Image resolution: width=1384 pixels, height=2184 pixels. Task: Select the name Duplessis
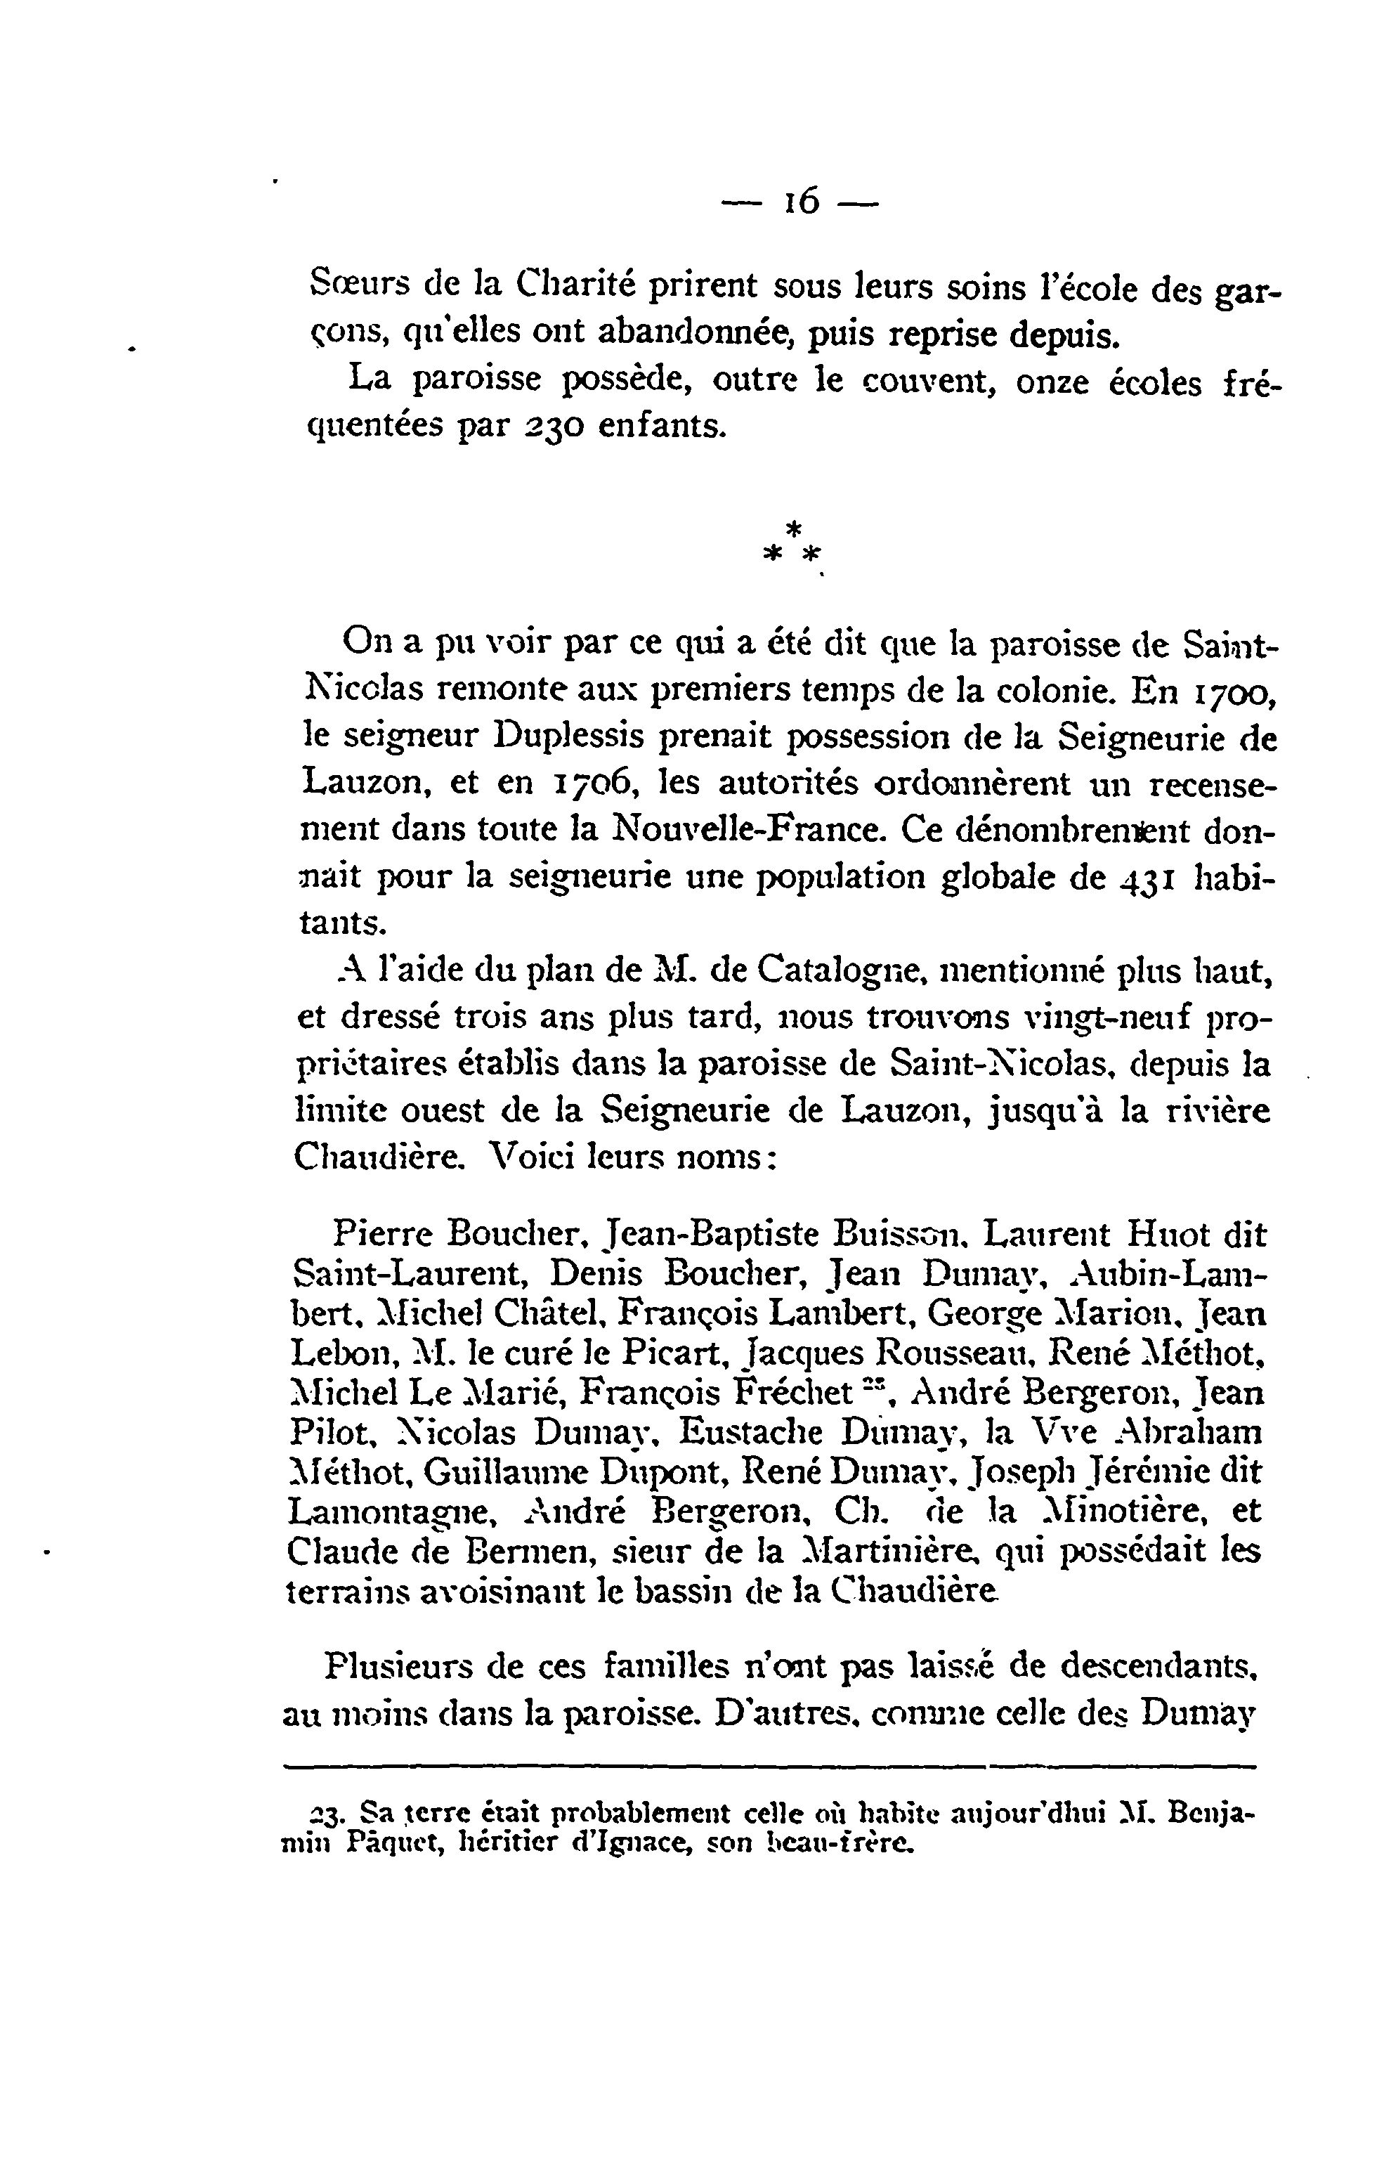(567, 739)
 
